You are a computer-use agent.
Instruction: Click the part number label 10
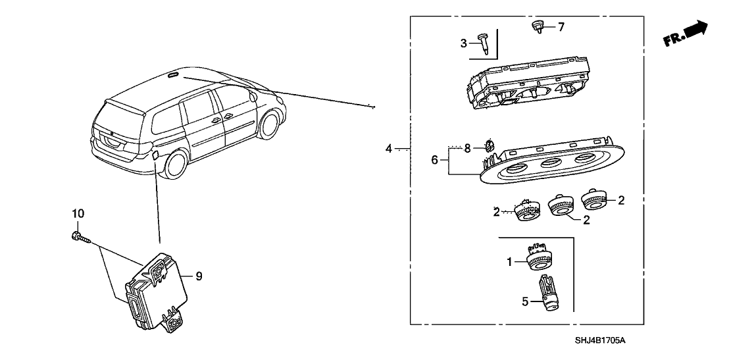tap(78, 214)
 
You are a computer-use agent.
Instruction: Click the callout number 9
tap(199, 276)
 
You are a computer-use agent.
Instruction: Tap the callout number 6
tap(434, 159)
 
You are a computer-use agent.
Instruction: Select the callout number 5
tap(525, 302)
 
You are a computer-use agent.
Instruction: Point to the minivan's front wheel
tap(269, 126)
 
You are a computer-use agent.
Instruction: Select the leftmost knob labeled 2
tap(527, 212)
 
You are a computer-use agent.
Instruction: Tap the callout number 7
tap(561, 27)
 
